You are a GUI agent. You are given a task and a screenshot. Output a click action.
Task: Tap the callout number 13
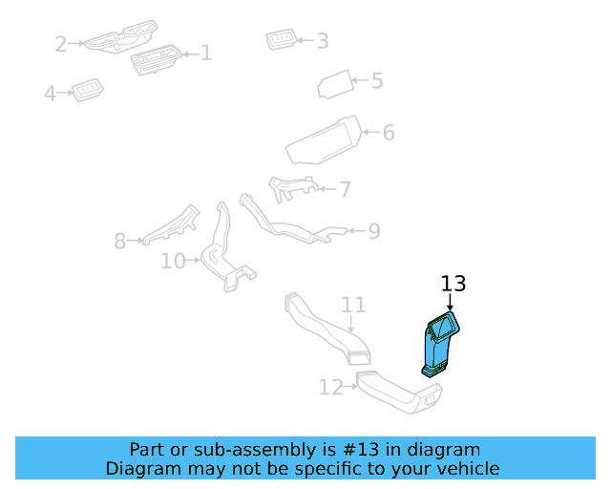tap(453, 284)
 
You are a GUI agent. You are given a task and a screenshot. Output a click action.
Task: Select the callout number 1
tap(205, 53)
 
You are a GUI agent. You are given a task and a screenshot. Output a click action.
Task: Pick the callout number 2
tap(61, 44)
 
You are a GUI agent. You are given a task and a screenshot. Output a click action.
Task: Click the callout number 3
tap(323, 41)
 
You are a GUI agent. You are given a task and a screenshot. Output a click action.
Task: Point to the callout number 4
tap(50, 94)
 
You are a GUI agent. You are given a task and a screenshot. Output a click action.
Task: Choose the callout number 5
tap(377, 81)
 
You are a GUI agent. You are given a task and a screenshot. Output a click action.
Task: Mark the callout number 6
tap(389, 133)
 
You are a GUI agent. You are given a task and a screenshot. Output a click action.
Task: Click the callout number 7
tap(345, 190)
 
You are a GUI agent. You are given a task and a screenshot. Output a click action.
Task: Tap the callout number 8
tap(119, 242)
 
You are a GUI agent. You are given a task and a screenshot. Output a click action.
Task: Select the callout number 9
tap(374, 230)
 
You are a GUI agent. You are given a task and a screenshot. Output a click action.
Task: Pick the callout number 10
tap(173, 260)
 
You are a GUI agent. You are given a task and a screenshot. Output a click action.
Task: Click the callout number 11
tap(354, 306)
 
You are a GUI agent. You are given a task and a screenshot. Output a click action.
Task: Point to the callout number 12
tap(330, 388)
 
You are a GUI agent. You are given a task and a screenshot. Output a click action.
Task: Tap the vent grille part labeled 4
tap(88, 90)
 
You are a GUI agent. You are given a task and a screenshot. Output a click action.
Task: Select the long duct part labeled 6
tap(323, 141)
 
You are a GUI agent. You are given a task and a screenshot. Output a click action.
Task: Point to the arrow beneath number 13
tap(450, 302)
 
